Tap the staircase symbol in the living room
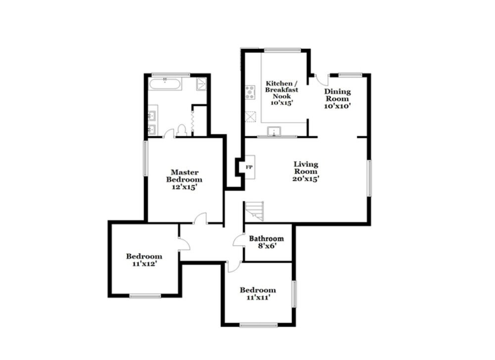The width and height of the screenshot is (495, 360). pyautogui.click(x=255, y=212)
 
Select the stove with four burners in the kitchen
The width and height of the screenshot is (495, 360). pyautogui.click(x=250, y=91)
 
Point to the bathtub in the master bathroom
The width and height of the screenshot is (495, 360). pyautogui.click(x=165, y=84)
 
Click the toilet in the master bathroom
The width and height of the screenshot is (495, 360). pyautogui.click(x=181, y=130)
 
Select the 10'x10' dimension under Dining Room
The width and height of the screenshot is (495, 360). pyautogui.click(x=338, y=105)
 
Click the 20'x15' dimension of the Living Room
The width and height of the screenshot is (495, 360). pyautogui.click(x=305, y=179)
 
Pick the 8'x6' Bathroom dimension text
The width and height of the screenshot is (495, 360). pyautogui.click(x=266, y=246)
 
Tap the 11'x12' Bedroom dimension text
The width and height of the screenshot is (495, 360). pyautogui.click(x=144, y=264)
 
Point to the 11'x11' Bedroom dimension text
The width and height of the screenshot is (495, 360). pyautogui.click(x=257, y=298)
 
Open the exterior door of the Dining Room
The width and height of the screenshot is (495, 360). pyautogui.click(x=320, y=80)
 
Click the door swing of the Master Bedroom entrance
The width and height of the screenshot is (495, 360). pyautogui.click(x=200, y=219)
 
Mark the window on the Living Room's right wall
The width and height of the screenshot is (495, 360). pyautogui.click(x=368, y=178)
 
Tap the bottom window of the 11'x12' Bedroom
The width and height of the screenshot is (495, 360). pyautogui.click(x=145, y=296)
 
